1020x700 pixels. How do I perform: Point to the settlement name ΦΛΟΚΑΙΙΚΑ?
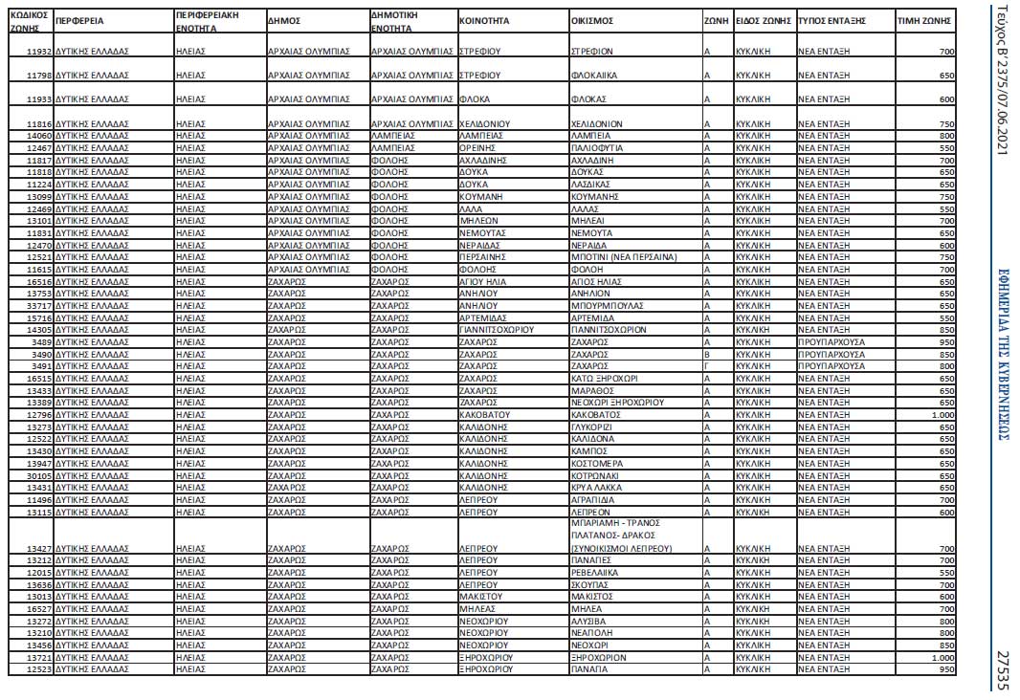click(593, 75)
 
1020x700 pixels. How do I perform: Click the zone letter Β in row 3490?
click(706, 353)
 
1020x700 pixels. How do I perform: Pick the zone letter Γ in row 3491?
click(706, 365)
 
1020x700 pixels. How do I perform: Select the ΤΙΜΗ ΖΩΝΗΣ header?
click(920, 19)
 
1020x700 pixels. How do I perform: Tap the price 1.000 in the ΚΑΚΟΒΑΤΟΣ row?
click(942, 414)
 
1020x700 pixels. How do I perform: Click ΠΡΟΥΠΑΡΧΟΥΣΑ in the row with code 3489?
click(831, 340)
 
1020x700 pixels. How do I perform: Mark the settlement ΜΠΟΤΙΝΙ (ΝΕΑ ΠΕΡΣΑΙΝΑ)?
click(623, 256)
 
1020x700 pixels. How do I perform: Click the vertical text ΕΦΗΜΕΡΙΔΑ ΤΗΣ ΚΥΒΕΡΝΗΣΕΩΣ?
click(1002, 354)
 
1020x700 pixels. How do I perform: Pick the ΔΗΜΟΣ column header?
click(285, 19)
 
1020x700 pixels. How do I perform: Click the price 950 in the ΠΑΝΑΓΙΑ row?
click(946, 669)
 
